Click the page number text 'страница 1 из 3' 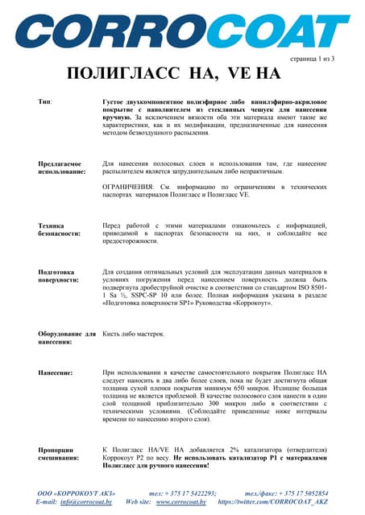[x=311, y=60]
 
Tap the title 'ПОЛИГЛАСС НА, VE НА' [x=172, y=75]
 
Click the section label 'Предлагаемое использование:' [x=60, y=167]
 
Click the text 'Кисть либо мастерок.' [x=134, y=333]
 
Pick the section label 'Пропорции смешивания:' [x=59, y=454]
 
